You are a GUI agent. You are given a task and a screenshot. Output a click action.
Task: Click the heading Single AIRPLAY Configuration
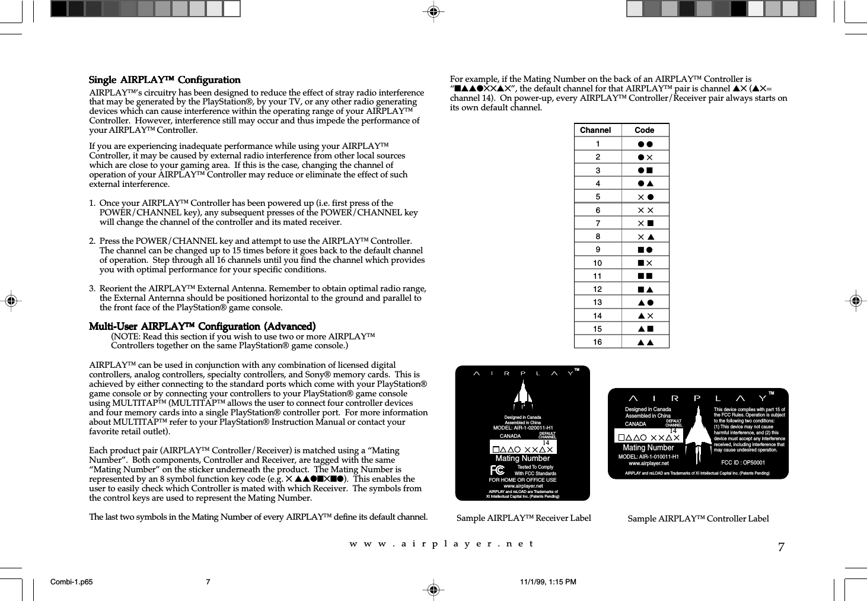coord(164,80)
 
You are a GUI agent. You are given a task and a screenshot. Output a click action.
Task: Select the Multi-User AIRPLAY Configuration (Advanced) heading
coord(202,326)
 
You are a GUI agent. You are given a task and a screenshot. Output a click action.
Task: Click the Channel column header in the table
coord(595,131)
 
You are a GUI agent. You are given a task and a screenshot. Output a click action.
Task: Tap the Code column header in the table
coord(644,131)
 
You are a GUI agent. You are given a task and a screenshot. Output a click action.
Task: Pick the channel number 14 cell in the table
coord(597,316)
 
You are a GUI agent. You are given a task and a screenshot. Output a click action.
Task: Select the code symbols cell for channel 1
coord(645,144)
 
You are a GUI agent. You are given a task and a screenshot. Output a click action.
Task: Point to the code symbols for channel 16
coord(645,342)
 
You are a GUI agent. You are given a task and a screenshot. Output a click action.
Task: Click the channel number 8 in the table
coord(597,236)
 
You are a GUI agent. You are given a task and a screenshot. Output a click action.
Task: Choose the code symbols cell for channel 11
coord(645,276)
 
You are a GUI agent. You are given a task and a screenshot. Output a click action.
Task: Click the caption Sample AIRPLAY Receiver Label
coord(524,518)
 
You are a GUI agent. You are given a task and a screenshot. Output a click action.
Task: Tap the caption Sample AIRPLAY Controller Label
coord(698,519)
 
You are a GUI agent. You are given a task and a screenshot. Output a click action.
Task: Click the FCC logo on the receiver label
coord(498,470)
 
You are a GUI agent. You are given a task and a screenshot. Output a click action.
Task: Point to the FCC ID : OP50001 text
coord(742,463)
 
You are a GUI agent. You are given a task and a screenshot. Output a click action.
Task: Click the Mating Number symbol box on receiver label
coord(523,449)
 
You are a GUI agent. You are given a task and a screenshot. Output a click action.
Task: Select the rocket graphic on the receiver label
coord(522,395)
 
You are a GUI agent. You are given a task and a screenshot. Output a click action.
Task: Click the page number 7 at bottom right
coord(781,547)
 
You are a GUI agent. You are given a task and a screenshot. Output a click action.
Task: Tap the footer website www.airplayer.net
coord(442,543)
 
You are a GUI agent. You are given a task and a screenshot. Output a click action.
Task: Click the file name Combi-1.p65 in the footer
coord(72,582)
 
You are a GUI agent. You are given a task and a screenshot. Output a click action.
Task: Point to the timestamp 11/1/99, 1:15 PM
coord(547,582)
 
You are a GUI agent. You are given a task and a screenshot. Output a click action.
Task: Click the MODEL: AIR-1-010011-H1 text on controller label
coord(648,457)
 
